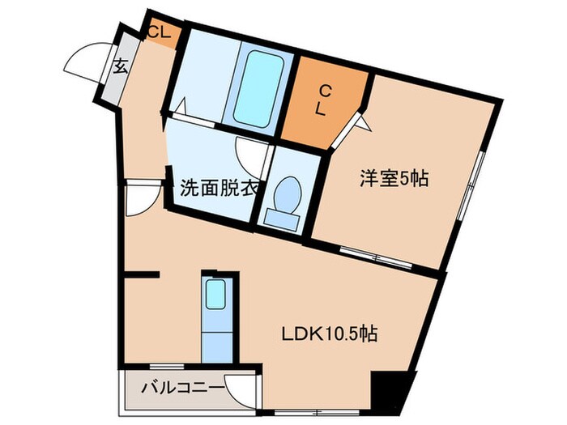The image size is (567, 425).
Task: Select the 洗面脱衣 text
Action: click(x=218, y=189)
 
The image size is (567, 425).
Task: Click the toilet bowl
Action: click(x=288, y=193)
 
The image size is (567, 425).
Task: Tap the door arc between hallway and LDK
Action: click(x=139, y=198)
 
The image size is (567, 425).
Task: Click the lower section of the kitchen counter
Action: click(x=217, y=341)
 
